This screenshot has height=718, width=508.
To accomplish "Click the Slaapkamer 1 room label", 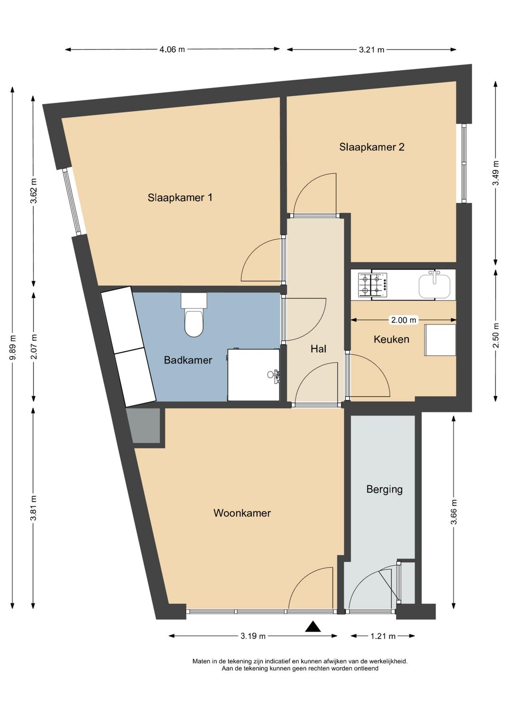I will point(180,197).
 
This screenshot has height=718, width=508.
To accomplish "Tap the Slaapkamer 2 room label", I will point(372,147).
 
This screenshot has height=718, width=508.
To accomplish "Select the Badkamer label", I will point(188,360).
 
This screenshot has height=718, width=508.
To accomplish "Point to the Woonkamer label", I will point(242,513).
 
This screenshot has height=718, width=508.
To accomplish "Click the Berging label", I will point(384,489).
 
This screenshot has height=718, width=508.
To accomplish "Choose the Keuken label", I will point(391,339).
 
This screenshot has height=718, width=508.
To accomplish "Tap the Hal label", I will point(318,349).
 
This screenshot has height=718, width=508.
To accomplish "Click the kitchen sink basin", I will point(435,286).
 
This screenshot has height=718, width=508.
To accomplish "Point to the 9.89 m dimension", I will point(13,347).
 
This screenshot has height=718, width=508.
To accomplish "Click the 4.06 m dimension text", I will point(172,49).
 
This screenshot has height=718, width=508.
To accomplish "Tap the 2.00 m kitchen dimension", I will point(404,320).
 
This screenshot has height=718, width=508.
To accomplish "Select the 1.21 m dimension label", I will point(383,636).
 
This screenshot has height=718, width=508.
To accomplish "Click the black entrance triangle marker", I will point(313,627).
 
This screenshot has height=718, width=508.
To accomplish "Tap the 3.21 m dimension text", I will point(372,49).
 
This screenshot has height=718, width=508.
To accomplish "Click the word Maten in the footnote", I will point(201,661).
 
